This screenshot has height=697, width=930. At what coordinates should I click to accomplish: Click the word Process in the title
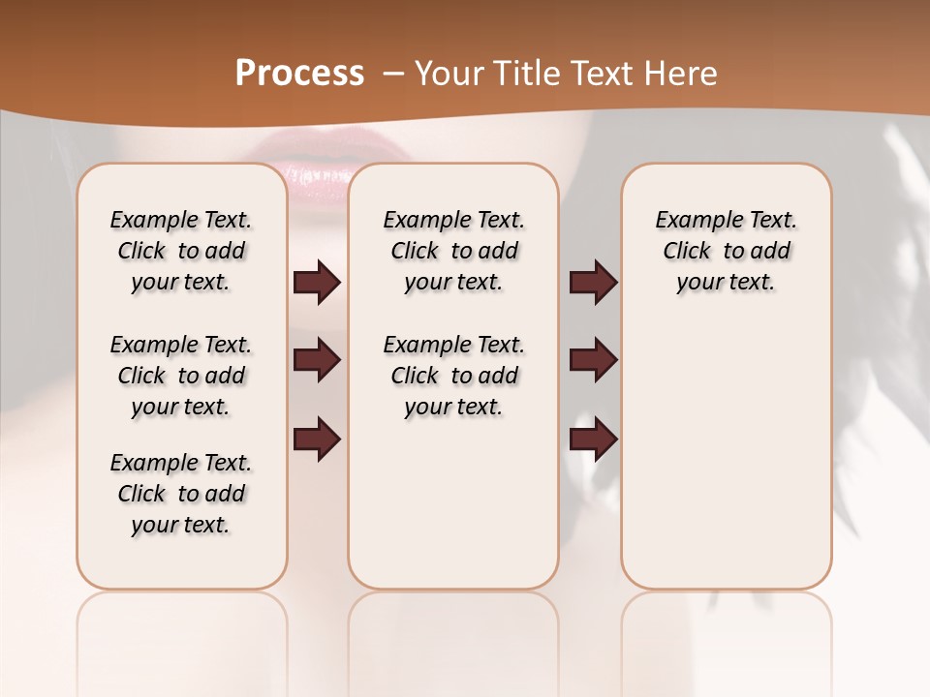click(x=299, y=74)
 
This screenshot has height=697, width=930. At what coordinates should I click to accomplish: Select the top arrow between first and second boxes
click(x=317, y=282)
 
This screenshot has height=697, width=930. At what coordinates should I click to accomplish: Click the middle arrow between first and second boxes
click(x=317, y=360)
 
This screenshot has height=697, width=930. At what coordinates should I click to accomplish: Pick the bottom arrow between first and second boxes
click(x=317, y=438)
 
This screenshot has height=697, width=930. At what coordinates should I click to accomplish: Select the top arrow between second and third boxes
click(x=593, y=282)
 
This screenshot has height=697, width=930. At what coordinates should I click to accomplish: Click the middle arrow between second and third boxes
click(x=593, y=360)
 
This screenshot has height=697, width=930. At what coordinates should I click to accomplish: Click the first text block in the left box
click(x=181, y=251)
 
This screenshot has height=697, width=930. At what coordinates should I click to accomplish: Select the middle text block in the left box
click(x=181, y=376)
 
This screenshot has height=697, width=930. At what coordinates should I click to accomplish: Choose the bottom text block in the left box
click(x=181, y=494)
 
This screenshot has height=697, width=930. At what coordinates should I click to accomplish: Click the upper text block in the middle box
click(x=453, y=251)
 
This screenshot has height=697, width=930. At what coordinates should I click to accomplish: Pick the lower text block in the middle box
click(x=453, y=376)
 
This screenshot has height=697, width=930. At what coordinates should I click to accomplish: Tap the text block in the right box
click(x=727, y=251)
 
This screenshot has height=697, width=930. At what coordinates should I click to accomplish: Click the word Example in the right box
click(x=690, y=221)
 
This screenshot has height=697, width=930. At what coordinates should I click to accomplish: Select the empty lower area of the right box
click(x=727, y=465)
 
